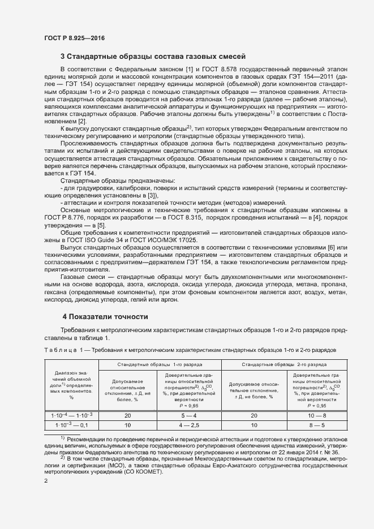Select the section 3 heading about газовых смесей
pos(153,56)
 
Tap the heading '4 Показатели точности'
pos(105,317)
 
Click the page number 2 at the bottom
pos(46,481)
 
